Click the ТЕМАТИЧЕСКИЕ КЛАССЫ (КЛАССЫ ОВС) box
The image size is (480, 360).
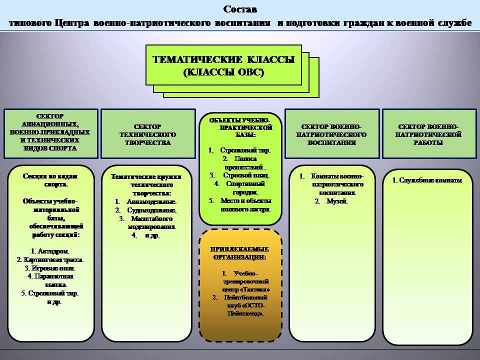coord(223,65)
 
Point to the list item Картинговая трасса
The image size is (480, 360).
coord(50,259)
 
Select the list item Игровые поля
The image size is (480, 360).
coord(50,268)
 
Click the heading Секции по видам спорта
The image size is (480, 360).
coord(51,180)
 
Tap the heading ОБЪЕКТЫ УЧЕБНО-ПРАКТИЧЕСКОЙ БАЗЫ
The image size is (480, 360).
coord(240,128)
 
